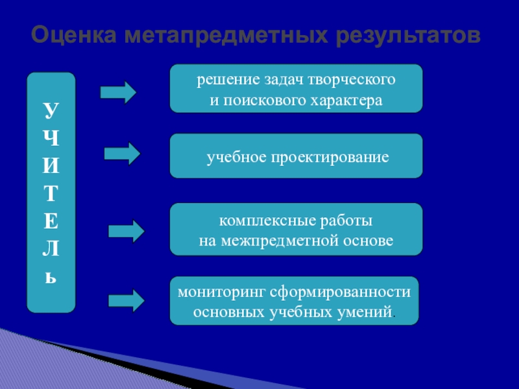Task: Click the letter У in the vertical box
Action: coord(51,110)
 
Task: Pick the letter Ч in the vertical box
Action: coord(51,138)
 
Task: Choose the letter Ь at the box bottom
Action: coord(51,277)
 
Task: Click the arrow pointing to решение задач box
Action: coord(119,93)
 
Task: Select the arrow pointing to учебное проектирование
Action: coord(122,154)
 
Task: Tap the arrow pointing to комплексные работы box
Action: coord(126,231)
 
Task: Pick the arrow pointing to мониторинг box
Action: coord(126,300)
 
